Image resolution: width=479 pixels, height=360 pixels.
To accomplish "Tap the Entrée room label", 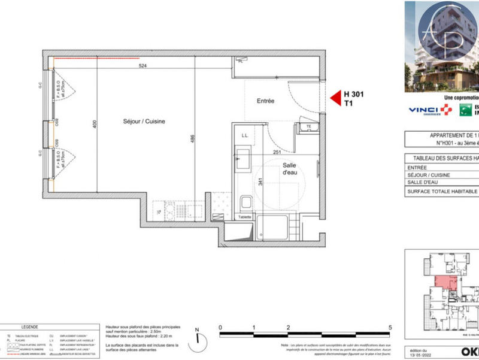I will (x=265, y=101).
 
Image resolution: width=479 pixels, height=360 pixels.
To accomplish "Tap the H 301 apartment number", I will (x=353, y=95).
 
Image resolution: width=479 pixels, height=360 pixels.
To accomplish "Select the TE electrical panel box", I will (x=308, y=128).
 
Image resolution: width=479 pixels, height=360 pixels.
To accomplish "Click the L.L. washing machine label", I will (x=244, y=136).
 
